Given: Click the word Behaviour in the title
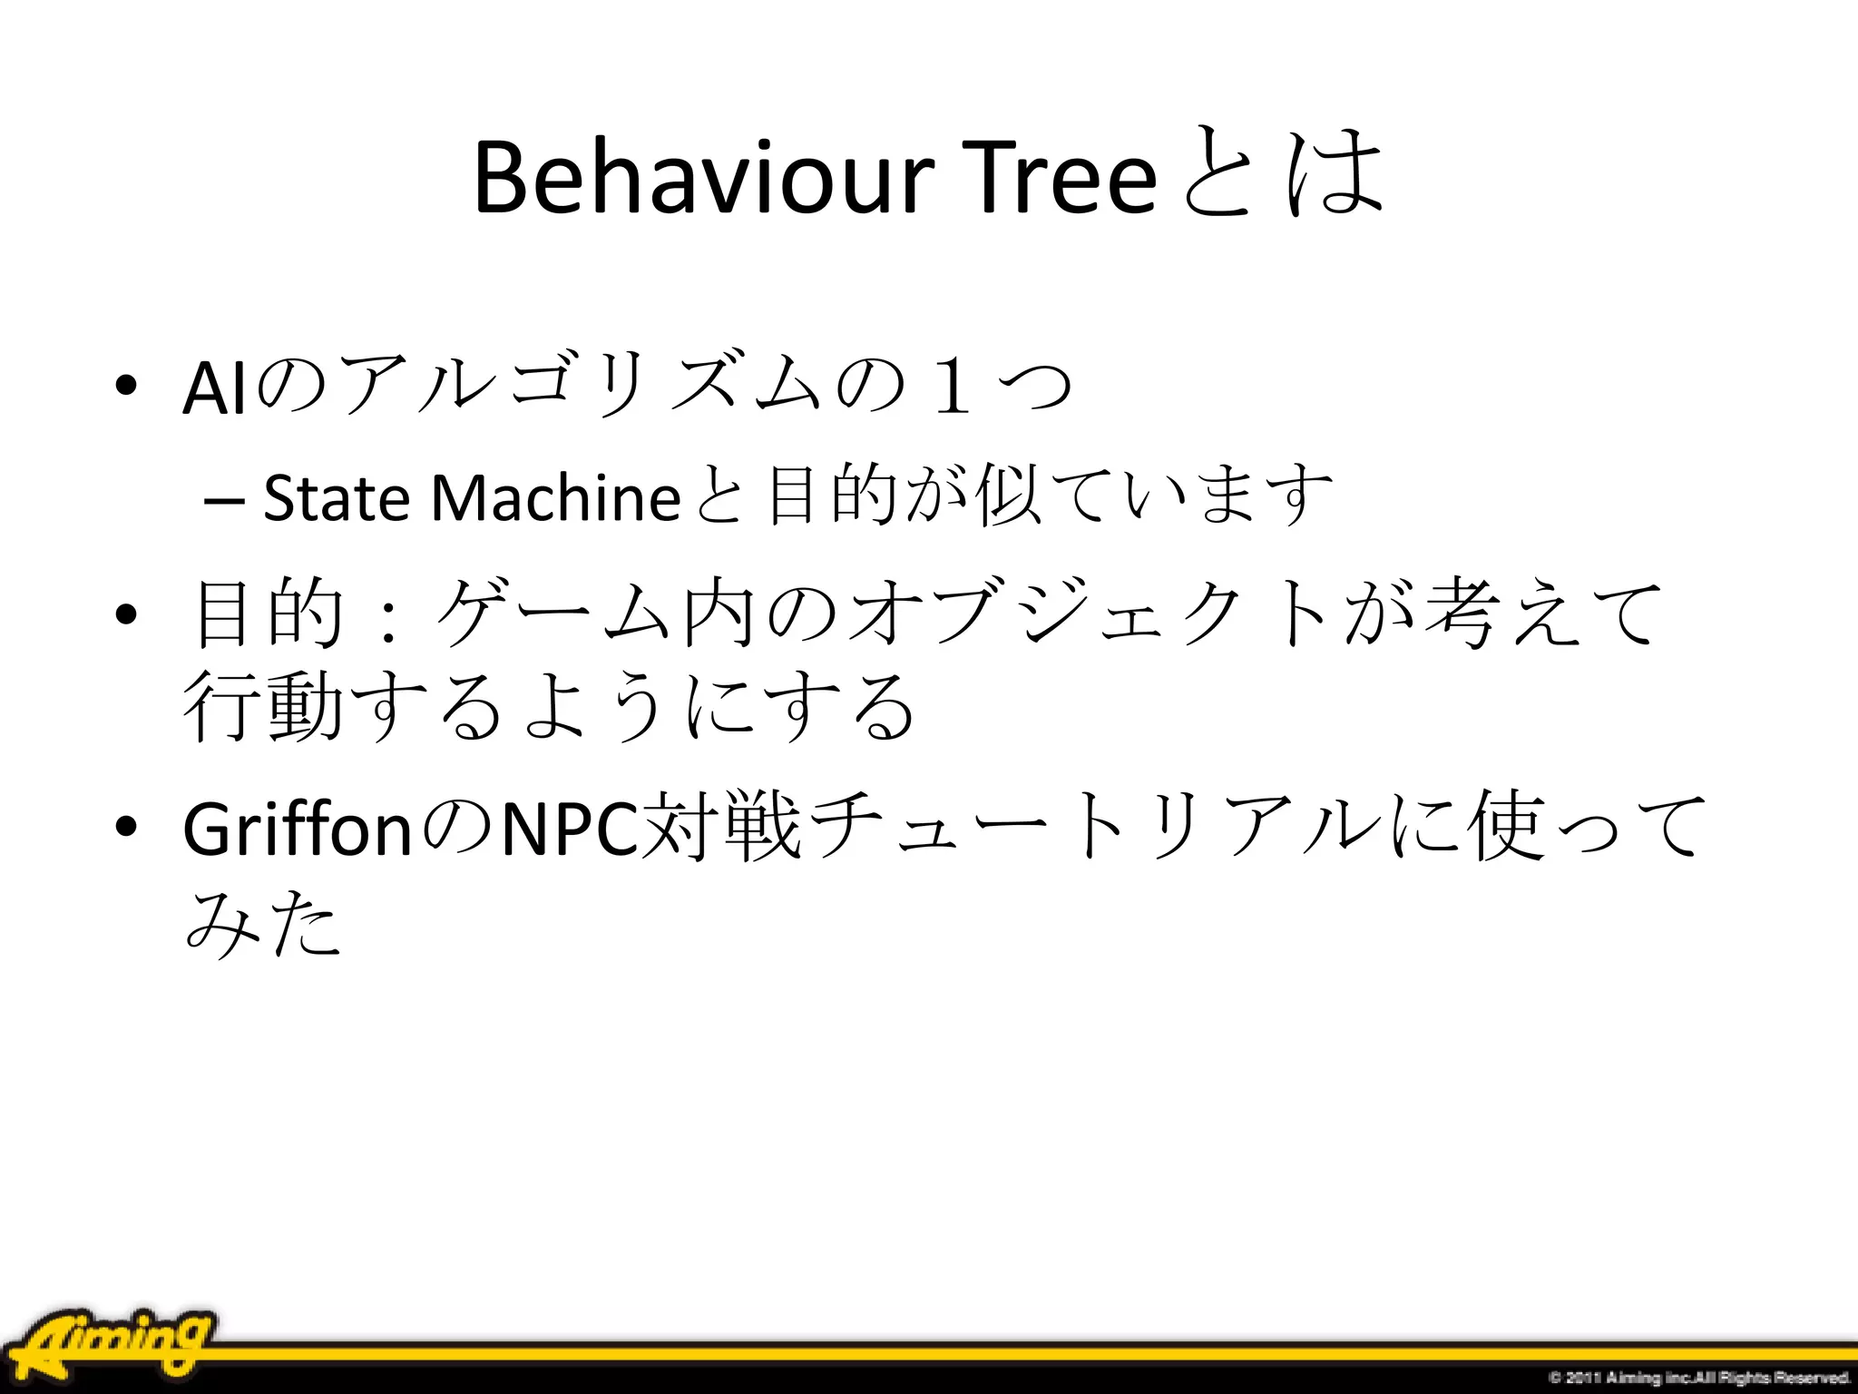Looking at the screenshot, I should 703,177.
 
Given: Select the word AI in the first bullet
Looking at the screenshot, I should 214,388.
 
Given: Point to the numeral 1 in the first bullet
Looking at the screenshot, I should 952,386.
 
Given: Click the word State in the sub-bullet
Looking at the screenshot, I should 336,498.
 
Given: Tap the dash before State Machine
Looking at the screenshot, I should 223,500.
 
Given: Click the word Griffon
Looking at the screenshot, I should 298,829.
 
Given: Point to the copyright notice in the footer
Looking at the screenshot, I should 1697,1378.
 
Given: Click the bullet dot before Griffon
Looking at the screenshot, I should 126,826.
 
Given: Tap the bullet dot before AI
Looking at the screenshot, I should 126,385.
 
